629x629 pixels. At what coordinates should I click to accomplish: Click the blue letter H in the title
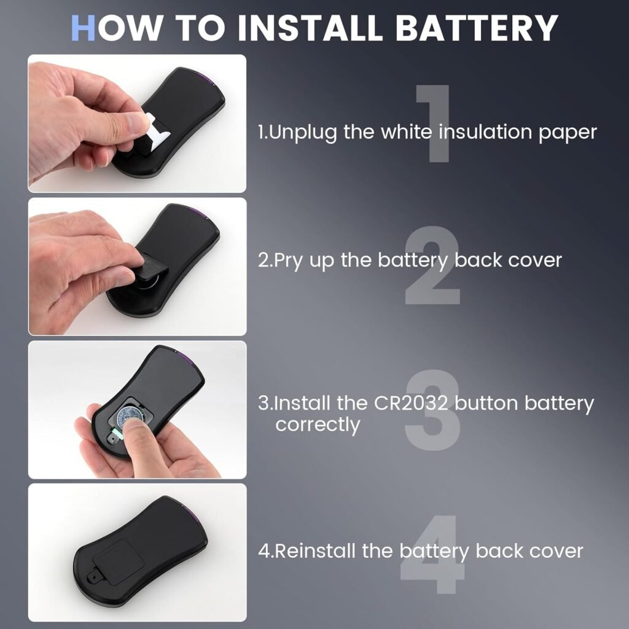tap(84, 28)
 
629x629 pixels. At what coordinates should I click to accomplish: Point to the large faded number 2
tap(432, 267)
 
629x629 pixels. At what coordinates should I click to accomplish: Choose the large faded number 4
tap(432, 557)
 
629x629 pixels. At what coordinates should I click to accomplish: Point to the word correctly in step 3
tap(318, 424)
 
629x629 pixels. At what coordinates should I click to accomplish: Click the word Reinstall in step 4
tap(315, 551)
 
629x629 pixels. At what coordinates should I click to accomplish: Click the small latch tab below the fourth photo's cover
tap(92, 577)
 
